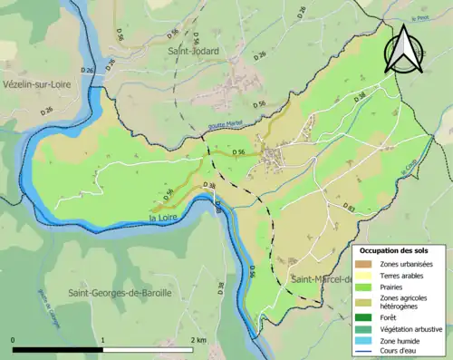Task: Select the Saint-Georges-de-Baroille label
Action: coord(118,293)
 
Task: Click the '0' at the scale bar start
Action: coord(14,340)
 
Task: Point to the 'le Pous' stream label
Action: coord(419,18)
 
